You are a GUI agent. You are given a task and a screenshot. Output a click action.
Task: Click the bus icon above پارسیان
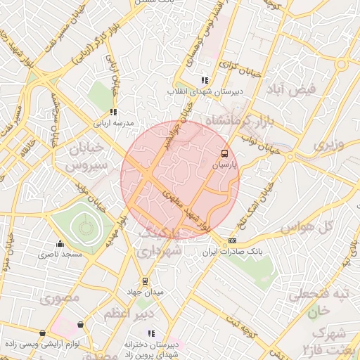click(224, 153)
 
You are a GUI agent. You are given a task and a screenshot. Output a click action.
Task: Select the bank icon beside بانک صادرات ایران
click(233, 241)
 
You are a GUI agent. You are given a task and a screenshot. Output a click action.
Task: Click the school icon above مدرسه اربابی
click(112, 112)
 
